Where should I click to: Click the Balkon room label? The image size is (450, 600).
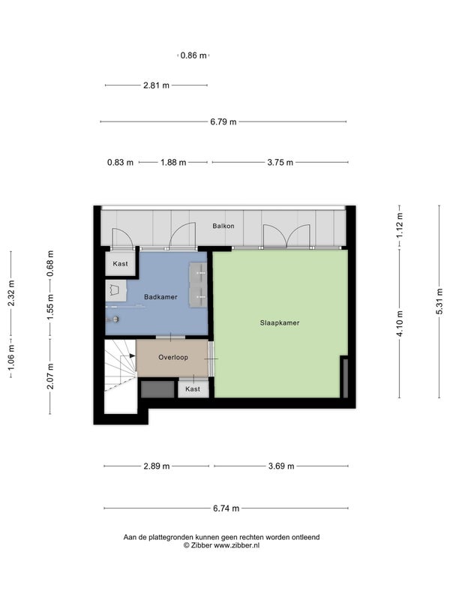pos(223,226)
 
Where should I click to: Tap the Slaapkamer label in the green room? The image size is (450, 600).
pos(280,323)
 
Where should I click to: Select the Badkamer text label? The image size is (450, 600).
pos(160,297)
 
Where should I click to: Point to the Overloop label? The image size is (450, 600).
pos(173,358)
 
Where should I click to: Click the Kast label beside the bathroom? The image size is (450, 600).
pos(121,264)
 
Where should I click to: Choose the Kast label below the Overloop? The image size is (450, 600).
pos(193,388)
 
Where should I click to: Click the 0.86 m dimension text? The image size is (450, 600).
pos(193,55)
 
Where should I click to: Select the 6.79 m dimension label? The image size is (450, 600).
pos(223,122)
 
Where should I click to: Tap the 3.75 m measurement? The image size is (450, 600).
pos(280,163)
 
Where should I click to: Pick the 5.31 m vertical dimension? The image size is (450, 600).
pos(439,301)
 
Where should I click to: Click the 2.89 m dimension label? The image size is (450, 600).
pos(157,466)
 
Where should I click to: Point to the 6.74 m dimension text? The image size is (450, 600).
pos(226,508)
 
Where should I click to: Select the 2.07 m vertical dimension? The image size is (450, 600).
pos(50,376)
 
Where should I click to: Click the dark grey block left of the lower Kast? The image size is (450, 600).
pos(157,389)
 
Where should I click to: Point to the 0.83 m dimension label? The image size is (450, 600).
pos(120,163)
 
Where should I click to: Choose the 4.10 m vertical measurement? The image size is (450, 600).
pos(400,324)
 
